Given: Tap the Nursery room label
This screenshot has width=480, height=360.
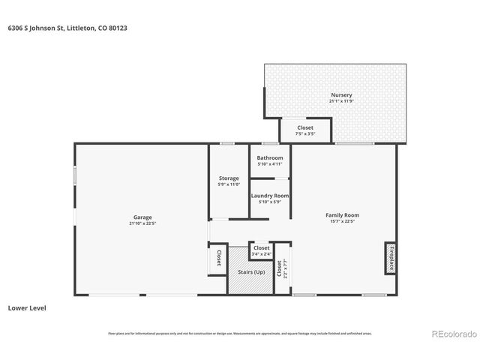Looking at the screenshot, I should [x=341, y=95].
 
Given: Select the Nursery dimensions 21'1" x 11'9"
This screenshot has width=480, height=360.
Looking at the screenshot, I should [x=341, y=101].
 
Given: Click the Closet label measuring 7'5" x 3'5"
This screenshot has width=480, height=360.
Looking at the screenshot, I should [x=305, y=127].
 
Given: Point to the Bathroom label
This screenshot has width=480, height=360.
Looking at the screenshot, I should [x=270, y=157].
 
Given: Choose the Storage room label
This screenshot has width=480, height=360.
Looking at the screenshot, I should [x=229, y=178].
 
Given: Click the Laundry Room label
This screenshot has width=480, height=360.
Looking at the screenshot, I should [x=270, y=196].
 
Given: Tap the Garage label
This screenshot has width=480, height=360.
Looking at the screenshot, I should [x=142, y=217].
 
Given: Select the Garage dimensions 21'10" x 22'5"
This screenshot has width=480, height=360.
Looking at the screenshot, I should [x=142, y=223].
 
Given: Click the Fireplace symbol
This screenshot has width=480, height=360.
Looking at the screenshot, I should [x=390, y=258].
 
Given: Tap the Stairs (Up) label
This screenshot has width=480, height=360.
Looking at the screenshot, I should [x=250, y=271].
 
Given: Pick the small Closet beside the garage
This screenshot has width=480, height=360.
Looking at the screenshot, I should [x=218, y=258].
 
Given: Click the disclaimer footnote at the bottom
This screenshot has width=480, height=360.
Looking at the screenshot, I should [x=239, y=334].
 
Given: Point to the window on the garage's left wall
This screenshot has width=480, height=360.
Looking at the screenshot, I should [x=74, y=175].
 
